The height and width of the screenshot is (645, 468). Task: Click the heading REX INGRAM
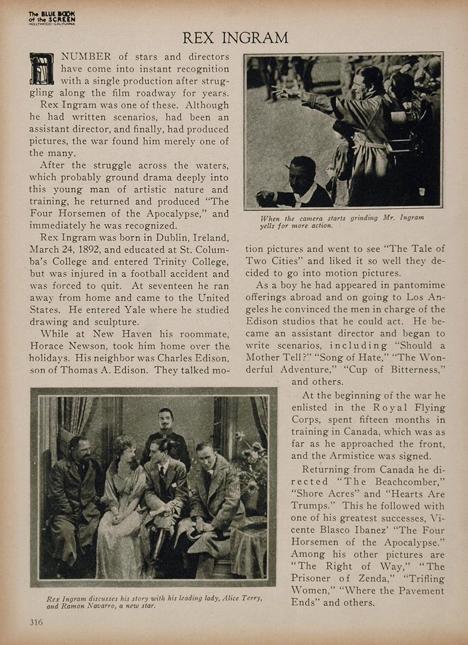click(x=235, y=37)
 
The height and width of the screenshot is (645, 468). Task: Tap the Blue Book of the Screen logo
click(x=52, y=18)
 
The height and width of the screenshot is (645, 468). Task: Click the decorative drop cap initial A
click(x=42, y=69)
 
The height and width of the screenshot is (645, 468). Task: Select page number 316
click(x=36, y=621)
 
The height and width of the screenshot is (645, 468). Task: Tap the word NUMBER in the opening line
click(x=86, y=57)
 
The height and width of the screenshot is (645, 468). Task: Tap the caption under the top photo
click(x=343, y=221)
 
